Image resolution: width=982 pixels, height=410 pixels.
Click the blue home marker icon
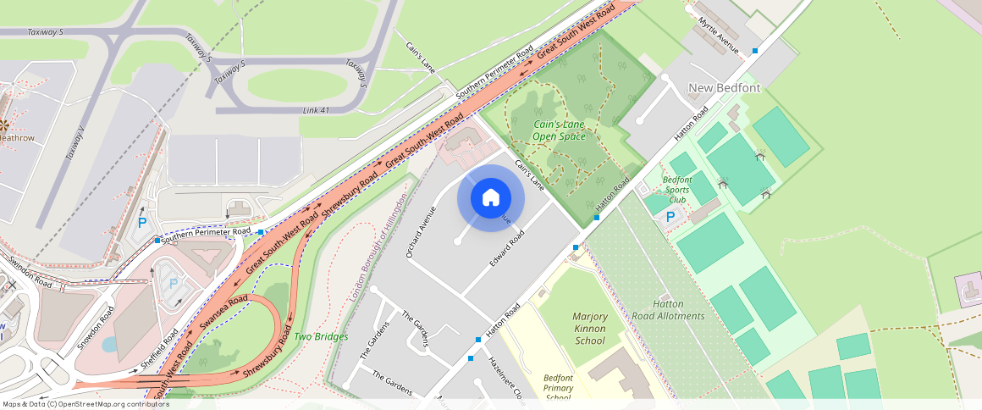click(x=491, y=198)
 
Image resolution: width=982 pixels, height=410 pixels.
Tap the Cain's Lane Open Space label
click(x=559, y=130)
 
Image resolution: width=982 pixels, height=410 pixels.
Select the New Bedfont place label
click(x=724, y=88)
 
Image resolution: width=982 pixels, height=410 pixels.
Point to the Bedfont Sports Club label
click(x=677, y=190)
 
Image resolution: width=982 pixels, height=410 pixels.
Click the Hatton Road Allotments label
click(x=668, y=310)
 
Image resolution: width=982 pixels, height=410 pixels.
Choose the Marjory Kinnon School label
click(x=590, y=329)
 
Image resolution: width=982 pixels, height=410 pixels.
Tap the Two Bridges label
click(x=321, y=337)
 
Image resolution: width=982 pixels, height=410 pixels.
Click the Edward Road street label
click(x=507, y=250)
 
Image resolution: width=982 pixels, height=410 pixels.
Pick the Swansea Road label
click(x=223, y=313)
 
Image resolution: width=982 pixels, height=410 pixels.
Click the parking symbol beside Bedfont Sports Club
click(x=670, y=217)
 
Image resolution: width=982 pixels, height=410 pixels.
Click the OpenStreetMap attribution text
click(x=86, y=404)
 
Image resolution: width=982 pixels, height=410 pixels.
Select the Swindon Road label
click(x=31, y=273)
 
